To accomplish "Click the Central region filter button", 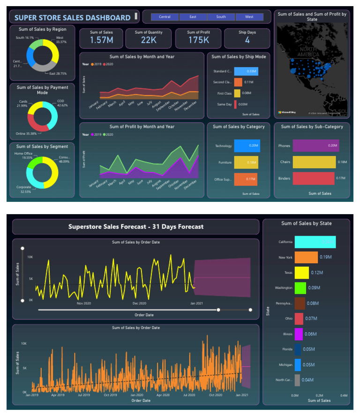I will click(165, 17).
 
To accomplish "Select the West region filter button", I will click(249, 17).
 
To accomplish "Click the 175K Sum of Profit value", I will click(198, 41).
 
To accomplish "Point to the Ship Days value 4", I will click(247, 41).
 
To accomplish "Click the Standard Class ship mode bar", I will click(245, 71).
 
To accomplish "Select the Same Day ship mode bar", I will click(236, 104).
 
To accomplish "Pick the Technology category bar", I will click(247, 146).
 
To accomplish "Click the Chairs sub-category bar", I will click(314, 162).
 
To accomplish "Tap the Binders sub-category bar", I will click(313, 178).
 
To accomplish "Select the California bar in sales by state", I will click(315, 242).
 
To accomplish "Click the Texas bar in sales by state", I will click(301, 272).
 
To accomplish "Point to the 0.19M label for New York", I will click(326, 257).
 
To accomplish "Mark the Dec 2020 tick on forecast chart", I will click(139, 304).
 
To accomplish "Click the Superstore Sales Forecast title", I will click(136, 227).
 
